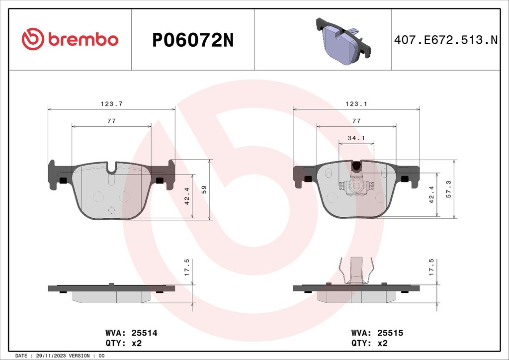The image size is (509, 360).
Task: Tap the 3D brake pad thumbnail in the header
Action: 342,41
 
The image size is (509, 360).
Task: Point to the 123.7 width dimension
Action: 111,104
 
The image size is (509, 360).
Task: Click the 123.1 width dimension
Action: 356,104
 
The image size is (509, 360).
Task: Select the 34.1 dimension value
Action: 356,138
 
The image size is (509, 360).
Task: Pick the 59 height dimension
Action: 203,189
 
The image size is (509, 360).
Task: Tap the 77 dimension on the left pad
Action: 111,121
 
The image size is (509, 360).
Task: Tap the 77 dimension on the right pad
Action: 356,121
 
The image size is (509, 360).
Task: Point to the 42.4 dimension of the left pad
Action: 187,195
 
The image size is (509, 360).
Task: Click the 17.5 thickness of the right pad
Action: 431,268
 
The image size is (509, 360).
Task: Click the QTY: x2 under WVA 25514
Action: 124,343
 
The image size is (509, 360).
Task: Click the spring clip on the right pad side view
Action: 356,271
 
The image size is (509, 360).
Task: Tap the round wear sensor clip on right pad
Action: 356,185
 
